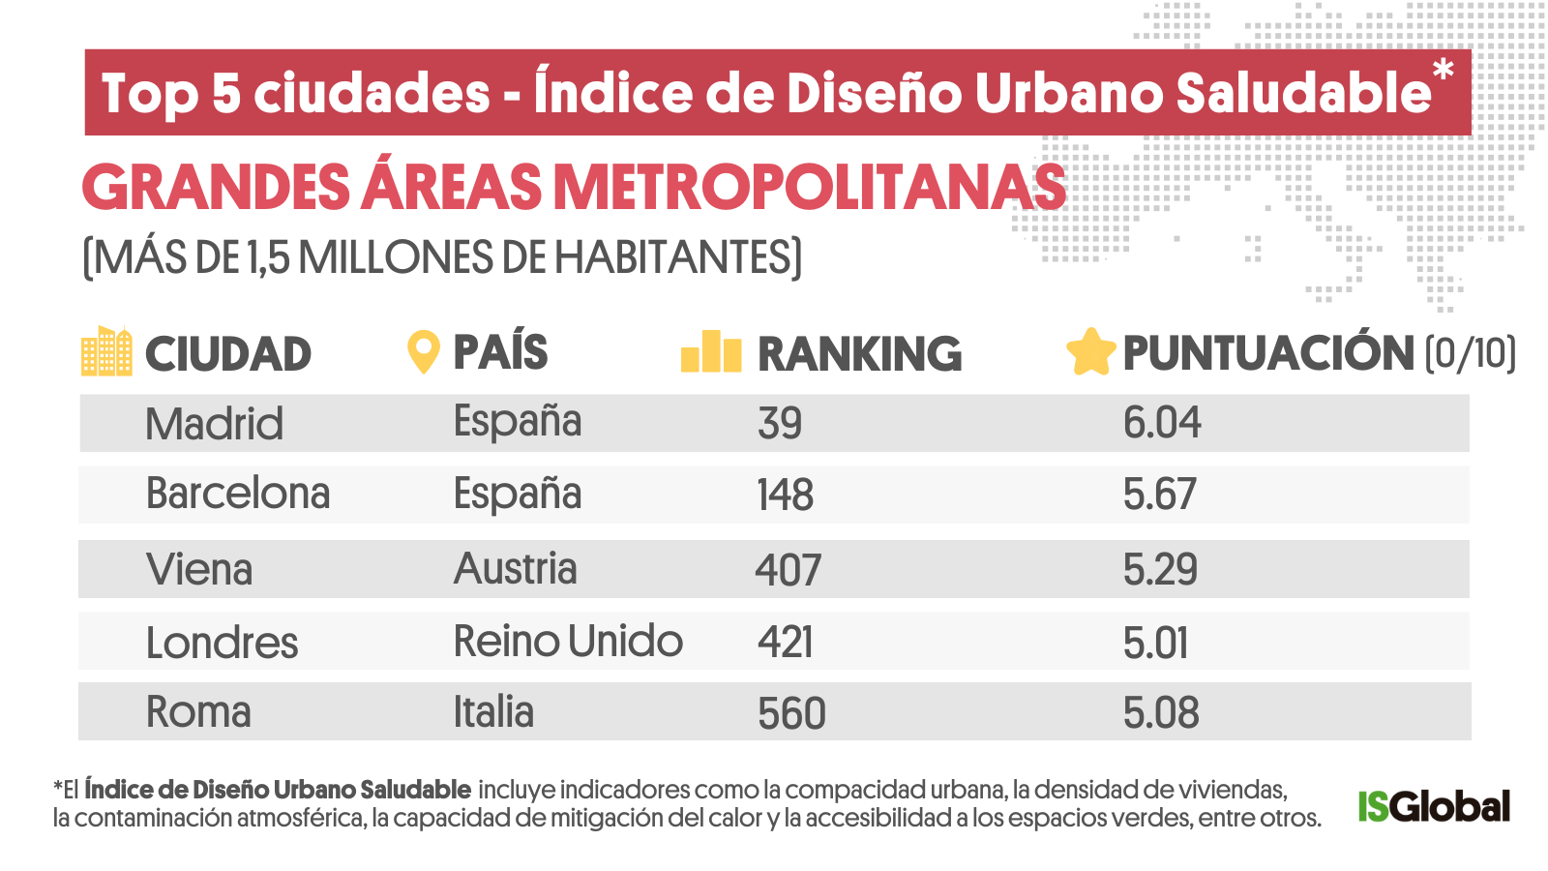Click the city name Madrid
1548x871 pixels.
(x=214, y=424)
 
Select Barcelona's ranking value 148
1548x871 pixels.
(x=785, y=495)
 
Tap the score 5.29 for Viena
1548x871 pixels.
(x=1160, y=569)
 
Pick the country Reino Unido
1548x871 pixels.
(x=568, y=642)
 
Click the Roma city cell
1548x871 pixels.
(x=198, y=712)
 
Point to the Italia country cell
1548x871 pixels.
(x=493, y=712)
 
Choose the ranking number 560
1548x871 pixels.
(x=791, y=714)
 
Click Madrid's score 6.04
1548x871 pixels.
(x=1161, y=423)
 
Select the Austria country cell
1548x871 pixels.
(x=515, y=569)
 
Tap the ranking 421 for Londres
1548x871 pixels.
(x=785, y=643)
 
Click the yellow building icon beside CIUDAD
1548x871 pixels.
(x=106, y=351)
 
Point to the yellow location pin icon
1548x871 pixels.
(x=423, y=352)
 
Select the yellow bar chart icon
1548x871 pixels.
(x=711, y=351)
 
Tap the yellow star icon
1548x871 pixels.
(x=1090, y=352)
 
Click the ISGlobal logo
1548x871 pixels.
(x=1433, y=806)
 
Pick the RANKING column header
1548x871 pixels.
(x=859, y=354)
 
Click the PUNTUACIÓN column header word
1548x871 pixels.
(x=1267, y=353)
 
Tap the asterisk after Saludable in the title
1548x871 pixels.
(x=1443, y=71)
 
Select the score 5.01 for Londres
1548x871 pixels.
(x=1155, y=643)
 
